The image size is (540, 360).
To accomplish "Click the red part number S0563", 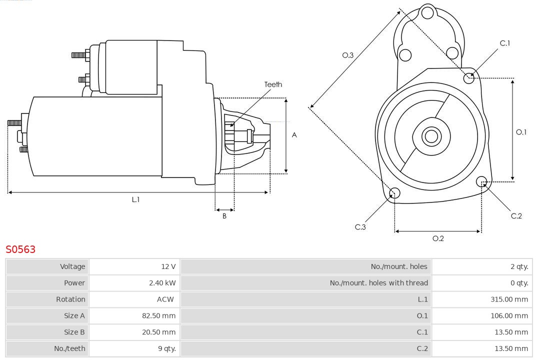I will [x=20, y=249].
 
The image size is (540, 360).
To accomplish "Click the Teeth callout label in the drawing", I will [x=273, y=84].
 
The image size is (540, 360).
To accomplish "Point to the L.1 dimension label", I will [x=135, y=199].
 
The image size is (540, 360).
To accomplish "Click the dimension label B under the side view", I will [x=224, y=216].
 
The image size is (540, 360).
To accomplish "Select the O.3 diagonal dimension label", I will [x=347, y=55].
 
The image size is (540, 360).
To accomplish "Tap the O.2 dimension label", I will [x=438, y=238].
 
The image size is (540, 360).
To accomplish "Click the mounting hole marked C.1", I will [x=469, y=77].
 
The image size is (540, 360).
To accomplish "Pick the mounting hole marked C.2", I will [x=481, y=181].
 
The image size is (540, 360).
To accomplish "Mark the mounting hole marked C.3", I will [x=394, y=193].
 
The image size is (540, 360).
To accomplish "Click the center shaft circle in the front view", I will [x=430, y=136].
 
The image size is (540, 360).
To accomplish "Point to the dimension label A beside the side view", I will [x=294, y=135].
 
